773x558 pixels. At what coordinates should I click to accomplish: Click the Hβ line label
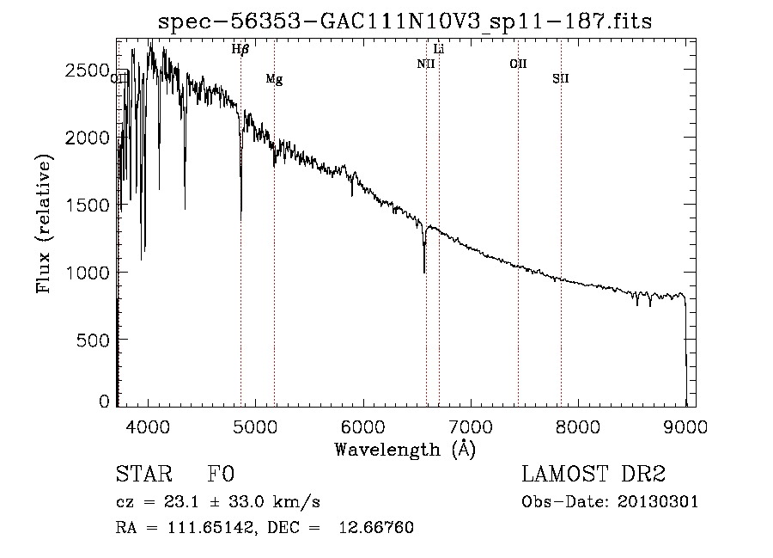240,50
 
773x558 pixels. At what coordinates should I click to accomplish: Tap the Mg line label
274,79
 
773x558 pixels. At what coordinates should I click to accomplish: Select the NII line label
426,64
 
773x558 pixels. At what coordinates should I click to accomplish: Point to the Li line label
439,49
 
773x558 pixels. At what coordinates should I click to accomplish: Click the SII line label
561,79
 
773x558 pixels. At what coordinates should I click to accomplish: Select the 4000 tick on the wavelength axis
149,426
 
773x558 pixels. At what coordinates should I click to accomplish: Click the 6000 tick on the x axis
363,426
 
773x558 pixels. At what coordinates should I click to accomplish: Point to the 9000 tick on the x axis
685,426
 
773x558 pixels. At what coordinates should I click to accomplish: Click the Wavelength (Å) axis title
405,449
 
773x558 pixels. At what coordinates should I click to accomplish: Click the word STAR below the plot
143,475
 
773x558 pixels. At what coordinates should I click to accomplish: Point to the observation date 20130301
659,501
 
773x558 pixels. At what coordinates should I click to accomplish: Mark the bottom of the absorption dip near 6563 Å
424,272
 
